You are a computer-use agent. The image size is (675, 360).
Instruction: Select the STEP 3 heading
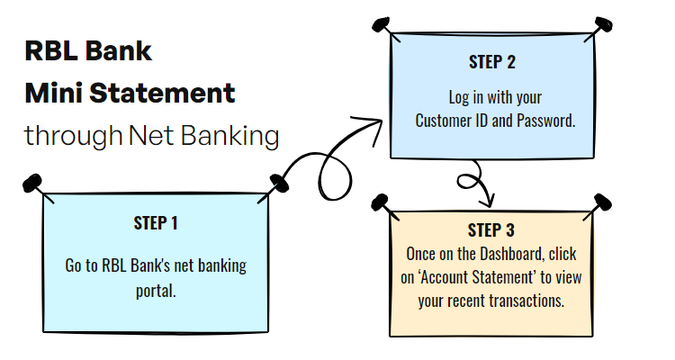point(491,230)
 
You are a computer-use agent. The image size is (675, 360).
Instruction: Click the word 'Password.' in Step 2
point(544,120)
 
